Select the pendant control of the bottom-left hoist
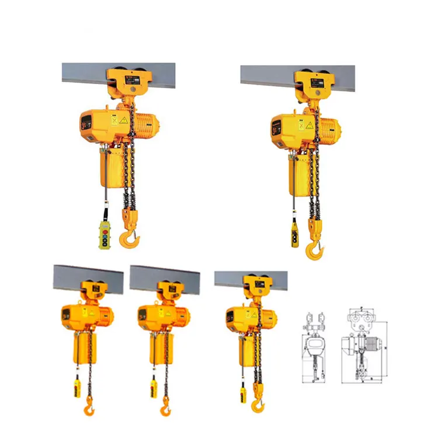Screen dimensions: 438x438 (77, 388)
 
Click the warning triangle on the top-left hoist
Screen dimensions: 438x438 (123, 120)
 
